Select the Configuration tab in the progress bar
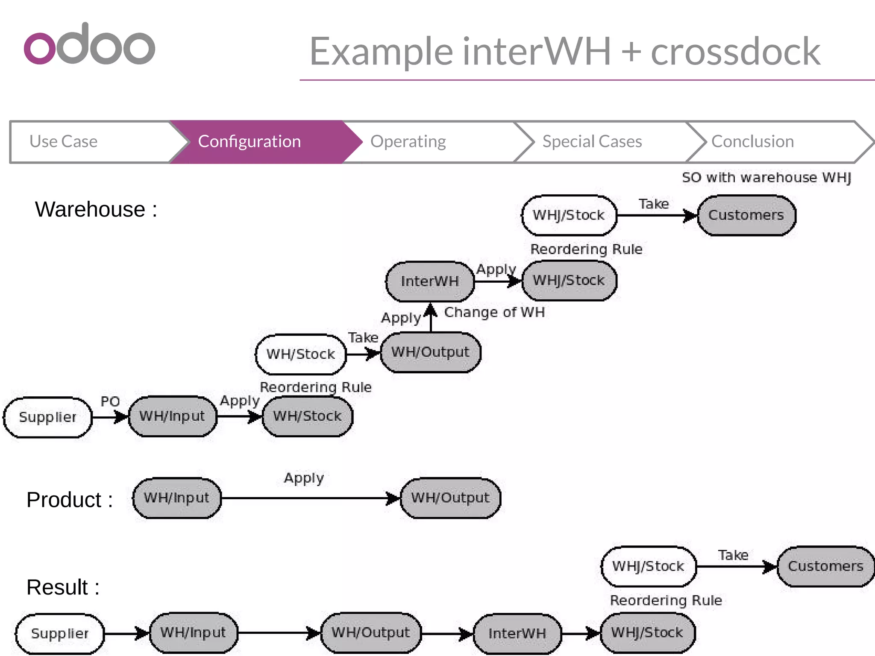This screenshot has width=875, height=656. coord(250,142)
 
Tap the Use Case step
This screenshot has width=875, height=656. coord(64,142)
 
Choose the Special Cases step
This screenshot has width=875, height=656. coord(592,142)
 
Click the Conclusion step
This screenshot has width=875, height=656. coord(752,142)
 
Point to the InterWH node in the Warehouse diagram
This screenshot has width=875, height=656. coord(430,281)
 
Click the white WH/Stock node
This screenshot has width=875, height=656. coord(301,354)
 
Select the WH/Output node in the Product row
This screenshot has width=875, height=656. coord(450,498)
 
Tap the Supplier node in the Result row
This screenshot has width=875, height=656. coord(60,633)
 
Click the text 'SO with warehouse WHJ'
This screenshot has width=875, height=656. coord(766,178)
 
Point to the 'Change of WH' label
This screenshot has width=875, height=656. coord(494,312)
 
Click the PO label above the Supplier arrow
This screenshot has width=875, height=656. coord(110,402)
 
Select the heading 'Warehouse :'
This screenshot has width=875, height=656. coord(96,210)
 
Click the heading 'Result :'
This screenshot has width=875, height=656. coord(63,587)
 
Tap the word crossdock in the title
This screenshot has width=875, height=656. coord(735,51)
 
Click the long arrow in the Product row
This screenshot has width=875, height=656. coord(308,498)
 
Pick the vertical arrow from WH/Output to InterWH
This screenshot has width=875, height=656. coord(431,318)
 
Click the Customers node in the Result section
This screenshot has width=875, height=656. coord(825,566)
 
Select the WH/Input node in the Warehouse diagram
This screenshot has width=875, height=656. coord(172,416)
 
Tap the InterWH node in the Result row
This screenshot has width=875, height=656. coord(517,633)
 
